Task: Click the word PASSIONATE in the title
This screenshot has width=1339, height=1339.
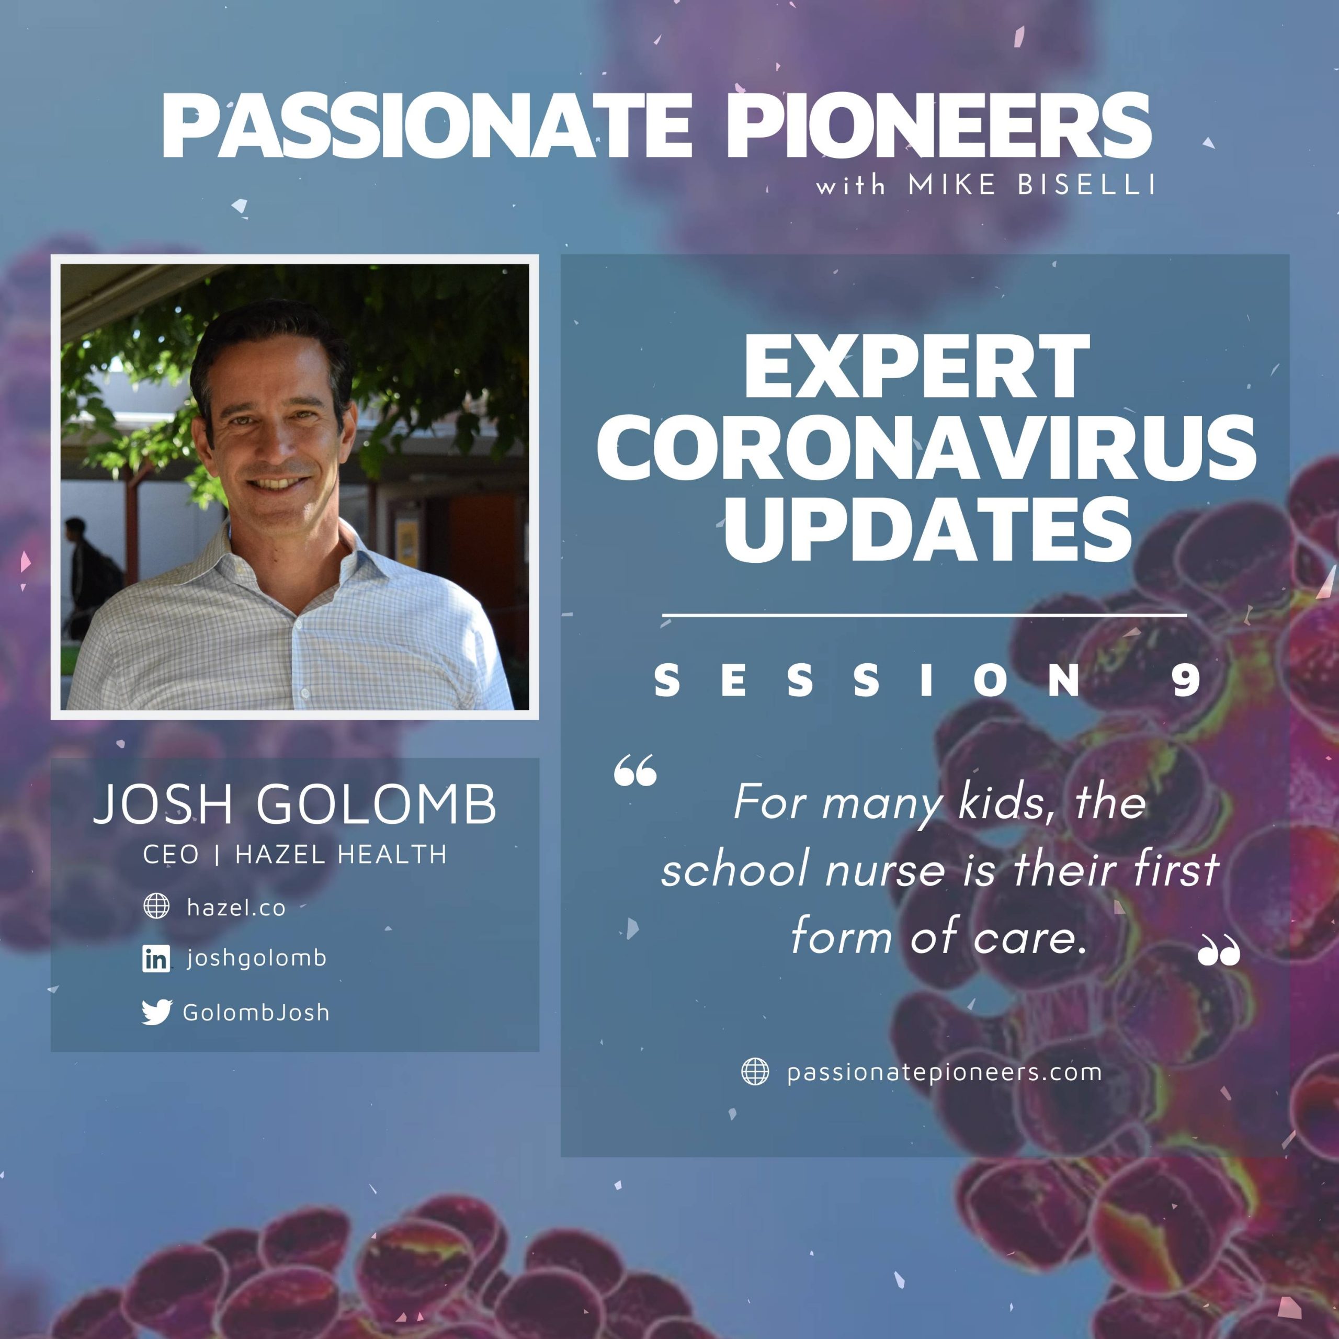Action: click(x=427, y=126)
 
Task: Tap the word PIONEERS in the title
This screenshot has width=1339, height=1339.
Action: click(x=938, y=126)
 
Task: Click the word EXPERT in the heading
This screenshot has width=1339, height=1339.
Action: click(x=916, y=367)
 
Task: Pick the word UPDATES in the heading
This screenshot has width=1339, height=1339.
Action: click(x=927, y=529)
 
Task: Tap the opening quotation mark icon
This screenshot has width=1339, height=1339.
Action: click(x=635, y=770)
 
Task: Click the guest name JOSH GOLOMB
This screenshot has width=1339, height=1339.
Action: click(x=295, y=805)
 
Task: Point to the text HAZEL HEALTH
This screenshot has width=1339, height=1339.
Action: click(x=341, y=855)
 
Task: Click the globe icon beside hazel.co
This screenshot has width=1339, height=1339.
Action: click(x=156, y=906)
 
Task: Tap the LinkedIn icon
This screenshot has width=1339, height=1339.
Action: click(x=156, y=959)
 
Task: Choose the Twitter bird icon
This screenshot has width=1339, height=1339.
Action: click(x=156, y=1012)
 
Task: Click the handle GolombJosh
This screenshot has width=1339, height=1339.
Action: click(x=256, y=1013)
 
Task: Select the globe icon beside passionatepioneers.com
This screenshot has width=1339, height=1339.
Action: click(x=755, y=1072)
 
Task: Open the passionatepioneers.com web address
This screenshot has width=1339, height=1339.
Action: click(x=944, y=1073)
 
